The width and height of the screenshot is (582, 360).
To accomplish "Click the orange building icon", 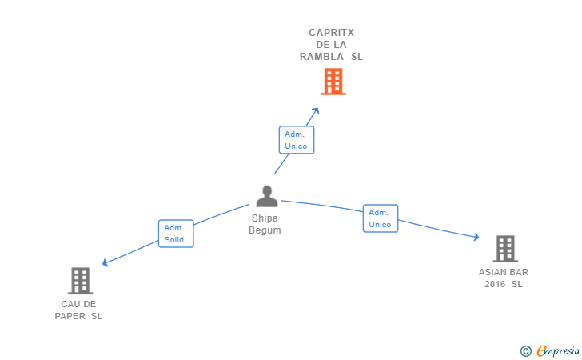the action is tap(333, 82).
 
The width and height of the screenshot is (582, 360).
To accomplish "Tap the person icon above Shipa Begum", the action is tap(267, 196).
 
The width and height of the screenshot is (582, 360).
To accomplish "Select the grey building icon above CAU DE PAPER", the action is tap(80, 281).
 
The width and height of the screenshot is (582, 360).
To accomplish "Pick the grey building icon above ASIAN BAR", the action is tap(505, 249).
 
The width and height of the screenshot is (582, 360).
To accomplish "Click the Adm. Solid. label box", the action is tap(176, 234).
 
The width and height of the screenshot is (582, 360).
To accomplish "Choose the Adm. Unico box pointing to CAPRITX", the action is tap(297, 140).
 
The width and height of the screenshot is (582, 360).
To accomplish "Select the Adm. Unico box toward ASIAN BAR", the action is tap(381, 218).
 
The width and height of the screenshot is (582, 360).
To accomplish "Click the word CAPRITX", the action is tap(332, 33).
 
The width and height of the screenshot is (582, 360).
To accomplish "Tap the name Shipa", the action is tap(265, 218).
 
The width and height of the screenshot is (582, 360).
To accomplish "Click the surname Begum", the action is tap(265, 230).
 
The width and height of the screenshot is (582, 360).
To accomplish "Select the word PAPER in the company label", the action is tap(70, 316).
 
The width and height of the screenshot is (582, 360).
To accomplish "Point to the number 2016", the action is tap(495, 284).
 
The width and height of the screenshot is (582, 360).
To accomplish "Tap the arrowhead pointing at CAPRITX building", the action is tap(316, 110).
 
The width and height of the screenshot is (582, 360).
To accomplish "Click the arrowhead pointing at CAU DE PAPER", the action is tap(105, 263).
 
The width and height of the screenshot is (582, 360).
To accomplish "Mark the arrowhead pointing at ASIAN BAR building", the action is tap(476, 237).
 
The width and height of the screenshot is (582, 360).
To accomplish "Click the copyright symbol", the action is tap(525, 351).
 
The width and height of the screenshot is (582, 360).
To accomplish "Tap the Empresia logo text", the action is tap(558, 350).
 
